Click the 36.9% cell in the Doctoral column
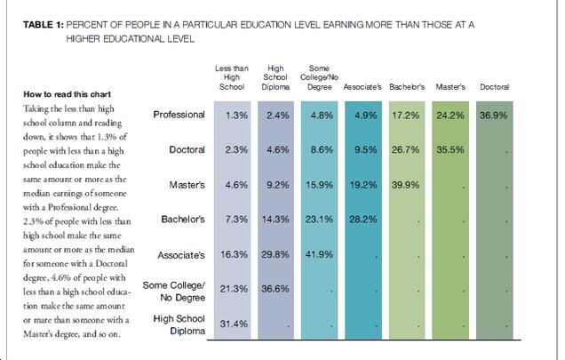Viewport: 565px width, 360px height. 496,116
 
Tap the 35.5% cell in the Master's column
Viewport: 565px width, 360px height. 452,150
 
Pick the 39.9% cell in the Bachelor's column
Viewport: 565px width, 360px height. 408,185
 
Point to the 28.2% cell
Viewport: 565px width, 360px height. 364,220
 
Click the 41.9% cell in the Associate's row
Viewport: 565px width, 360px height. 321,255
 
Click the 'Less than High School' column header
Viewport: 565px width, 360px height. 233,76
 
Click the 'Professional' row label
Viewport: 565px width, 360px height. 179,116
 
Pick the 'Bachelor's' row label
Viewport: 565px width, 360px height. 182,220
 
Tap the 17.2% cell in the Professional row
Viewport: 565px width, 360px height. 408,116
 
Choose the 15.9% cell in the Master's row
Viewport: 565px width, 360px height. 321,185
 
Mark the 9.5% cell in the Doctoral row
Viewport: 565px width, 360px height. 364,150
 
